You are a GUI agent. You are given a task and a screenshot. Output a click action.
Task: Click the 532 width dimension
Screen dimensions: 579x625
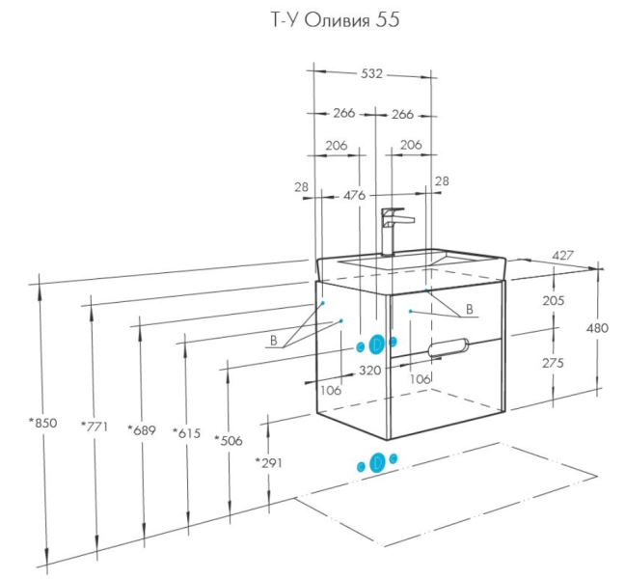(x=372, y=73)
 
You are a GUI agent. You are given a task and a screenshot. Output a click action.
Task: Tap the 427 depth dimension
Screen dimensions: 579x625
(x=563, y=255)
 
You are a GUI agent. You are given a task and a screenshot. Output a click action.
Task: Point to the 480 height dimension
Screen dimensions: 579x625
(x=597, y=328)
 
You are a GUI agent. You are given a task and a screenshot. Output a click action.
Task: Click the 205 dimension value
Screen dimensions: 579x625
(x=553, y=301)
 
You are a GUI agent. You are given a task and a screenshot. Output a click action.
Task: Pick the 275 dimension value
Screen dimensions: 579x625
(x=553, y=363)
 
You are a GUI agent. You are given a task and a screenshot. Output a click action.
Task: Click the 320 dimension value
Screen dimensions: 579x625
(x=370, y=369)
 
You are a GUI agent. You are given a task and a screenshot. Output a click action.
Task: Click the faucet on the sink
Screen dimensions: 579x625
(x=394, y=229)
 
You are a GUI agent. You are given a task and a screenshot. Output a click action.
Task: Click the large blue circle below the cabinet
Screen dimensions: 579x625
(x=378, y=463)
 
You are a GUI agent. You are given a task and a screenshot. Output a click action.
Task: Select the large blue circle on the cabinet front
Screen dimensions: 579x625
(x=377, y=345)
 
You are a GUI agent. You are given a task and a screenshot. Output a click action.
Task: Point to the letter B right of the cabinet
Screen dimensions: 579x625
(x=469, y=310)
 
